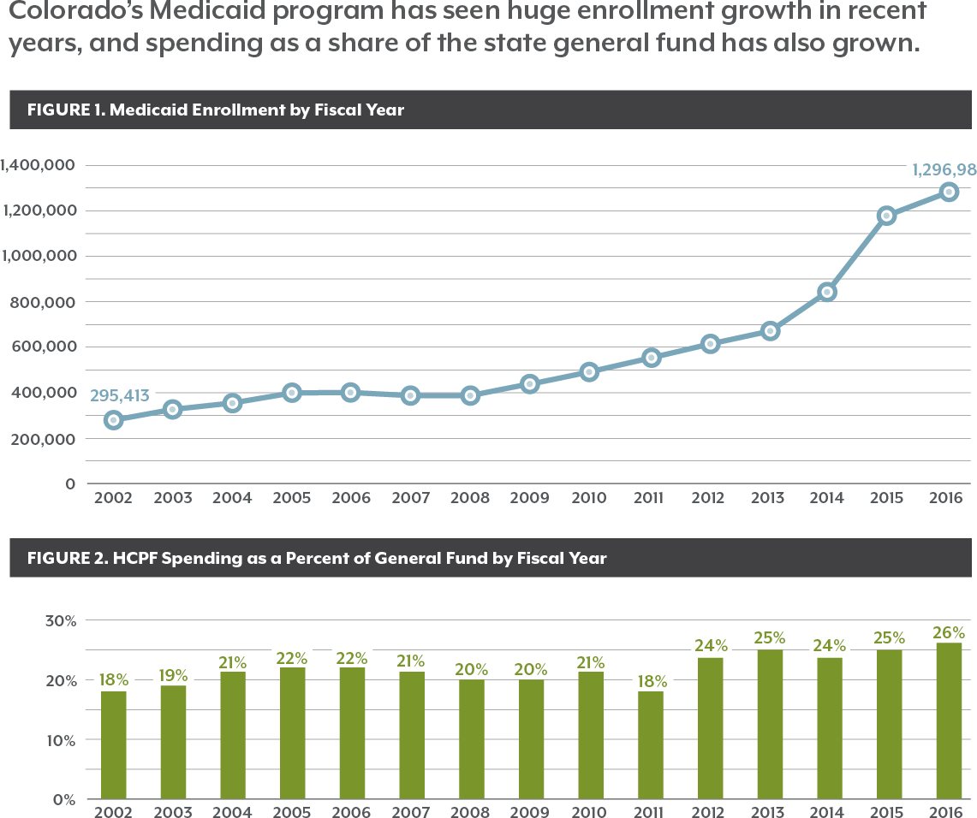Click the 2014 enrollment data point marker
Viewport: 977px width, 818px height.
827,292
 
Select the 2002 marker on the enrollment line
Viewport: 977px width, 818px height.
113,420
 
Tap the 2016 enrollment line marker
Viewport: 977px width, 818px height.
948,192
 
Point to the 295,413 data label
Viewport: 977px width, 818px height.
120,396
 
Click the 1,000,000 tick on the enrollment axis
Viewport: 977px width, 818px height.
39,256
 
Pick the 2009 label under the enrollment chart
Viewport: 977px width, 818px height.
529,498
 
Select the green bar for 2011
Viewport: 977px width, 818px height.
649,744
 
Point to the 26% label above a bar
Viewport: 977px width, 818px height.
948,633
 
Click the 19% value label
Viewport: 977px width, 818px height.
173,675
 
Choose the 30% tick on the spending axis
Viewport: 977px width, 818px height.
61,619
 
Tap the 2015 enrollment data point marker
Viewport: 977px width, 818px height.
887,216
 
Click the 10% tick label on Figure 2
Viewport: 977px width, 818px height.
61,739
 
